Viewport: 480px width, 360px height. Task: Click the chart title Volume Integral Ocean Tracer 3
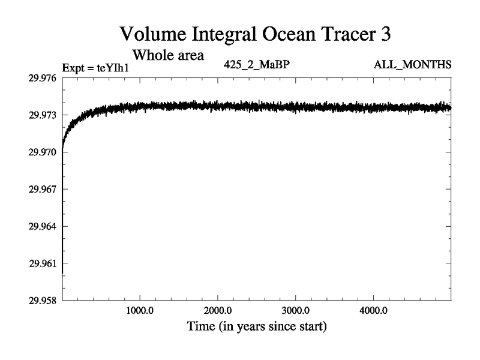coord(256,34)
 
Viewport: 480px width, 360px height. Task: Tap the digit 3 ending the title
coord(385,34)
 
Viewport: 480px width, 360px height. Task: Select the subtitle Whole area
coord(169,56)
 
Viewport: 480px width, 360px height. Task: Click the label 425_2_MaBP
coord(256,64)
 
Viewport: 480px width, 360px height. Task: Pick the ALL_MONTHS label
coord(419,64)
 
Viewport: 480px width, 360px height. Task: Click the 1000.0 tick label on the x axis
coord(140,311)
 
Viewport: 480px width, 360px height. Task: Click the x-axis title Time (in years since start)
coord(256,328)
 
